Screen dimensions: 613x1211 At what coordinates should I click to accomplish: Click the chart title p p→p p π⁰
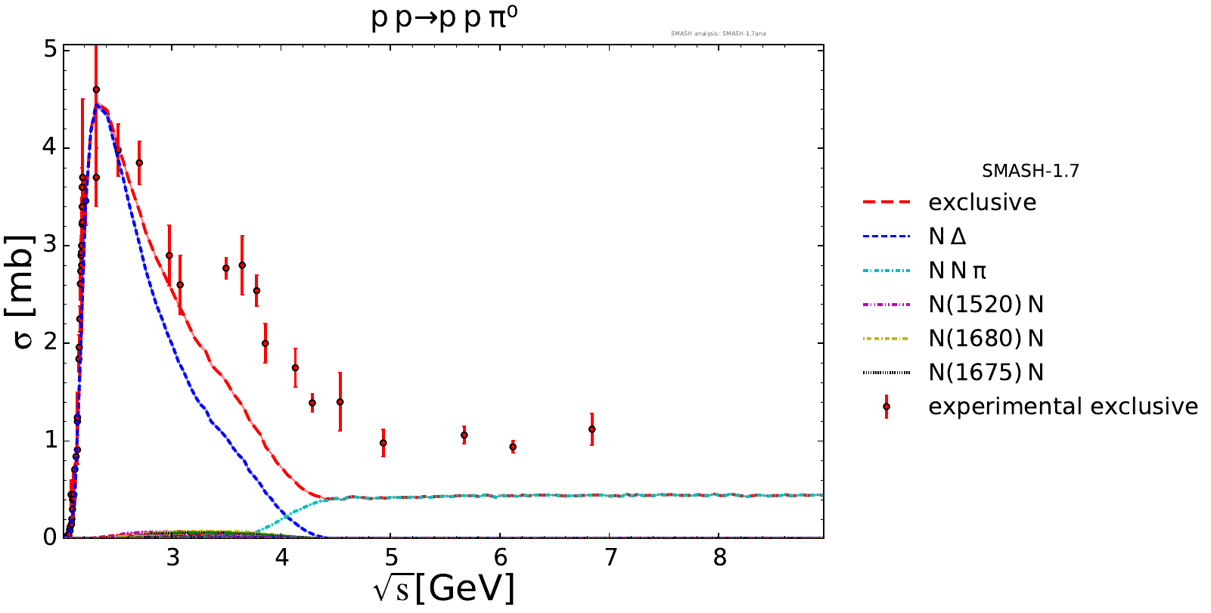click(444, 17)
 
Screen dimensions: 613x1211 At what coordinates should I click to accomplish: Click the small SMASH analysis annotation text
click(718, 33)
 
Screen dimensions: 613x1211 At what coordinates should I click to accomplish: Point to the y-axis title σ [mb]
click(23, 292)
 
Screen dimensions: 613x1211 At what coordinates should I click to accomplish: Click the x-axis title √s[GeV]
click(444, 588)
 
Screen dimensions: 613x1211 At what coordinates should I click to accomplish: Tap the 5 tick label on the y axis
click(50, 49)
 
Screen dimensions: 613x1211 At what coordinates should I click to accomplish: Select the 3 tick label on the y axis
click(50, 245)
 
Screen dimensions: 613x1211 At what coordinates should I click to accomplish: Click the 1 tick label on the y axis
click(50, 440)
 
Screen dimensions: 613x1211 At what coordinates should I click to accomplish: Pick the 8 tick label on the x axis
click(719, 558)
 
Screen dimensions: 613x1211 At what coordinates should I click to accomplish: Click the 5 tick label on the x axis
click(391, 558)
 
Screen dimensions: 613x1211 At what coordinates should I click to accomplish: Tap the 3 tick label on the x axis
click(172, 558)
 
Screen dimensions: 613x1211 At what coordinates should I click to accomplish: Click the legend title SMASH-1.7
click(1030, 172)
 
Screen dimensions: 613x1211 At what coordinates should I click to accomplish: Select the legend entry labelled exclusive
click(982, 203)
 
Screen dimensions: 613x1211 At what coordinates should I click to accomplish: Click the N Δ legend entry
click(947, 237)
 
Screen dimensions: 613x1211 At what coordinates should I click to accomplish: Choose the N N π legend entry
click(957, 271)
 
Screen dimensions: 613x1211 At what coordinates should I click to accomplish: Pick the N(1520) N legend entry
click(986, 305)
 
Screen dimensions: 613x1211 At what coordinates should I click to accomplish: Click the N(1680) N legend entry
click(986, 339)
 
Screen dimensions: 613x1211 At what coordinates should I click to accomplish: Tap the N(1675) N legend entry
click(986, 373)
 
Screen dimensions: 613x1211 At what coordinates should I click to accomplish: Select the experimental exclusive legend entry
click(1063, 407)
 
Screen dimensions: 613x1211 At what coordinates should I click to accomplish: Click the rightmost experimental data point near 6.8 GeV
click(592, 429)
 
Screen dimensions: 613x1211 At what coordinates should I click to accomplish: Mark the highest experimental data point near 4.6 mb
click(96, 90)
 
